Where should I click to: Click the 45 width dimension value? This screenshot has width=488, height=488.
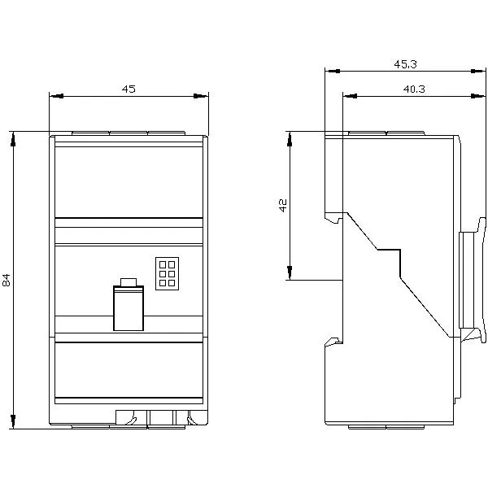coord(129,89)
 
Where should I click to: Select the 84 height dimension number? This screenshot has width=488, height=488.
coord(7,280)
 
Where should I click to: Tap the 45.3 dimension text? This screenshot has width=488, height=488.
coord(406,63)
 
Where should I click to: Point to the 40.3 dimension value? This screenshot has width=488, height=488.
coord(414,89)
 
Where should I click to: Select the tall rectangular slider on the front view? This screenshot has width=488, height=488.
coord(128,308)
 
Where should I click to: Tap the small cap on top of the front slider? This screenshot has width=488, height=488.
coord(128,281)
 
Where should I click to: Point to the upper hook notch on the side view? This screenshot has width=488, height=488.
coord(333,218)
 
